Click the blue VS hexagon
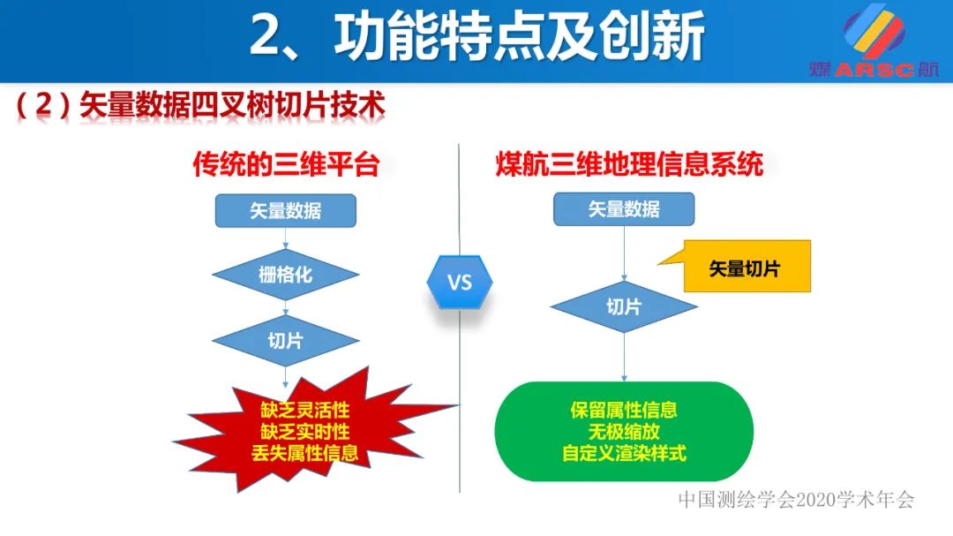coord(460,283)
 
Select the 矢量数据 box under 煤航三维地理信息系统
coord(624,209)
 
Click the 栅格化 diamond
coord(285,275)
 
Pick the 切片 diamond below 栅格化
coord(285,340)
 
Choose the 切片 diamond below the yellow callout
coord(624,306)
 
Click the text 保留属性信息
coord(624,411)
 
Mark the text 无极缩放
coord(624,433)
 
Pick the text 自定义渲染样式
coord(624,454)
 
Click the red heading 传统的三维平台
coord(286,165)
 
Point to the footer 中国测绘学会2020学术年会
coord(796,500)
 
